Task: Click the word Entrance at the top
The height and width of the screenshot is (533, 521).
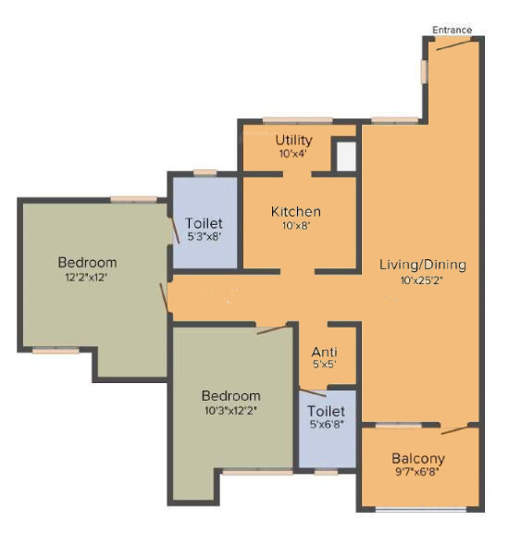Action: pyautogui.click(x=452, y=31)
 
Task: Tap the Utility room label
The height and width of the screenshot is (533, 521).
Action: pyautogui.click(x=293, y=140)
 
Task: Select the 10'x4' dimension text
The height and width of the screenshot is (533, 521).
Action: pyautogui.click(x=293, y=154)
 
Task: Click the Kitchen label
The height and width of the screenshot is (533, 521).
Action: pyautogui.click(x=296, y=212)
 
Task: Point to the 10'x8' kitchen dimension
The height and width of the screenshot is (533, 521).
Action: pyautogui.click(x=296, y=227)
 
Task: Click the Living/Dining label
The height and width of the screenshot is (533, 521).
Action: pyautogui.click(x=422, y=265)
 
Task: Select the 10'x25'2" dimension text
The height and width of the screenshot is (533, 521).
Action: pyautogui.click(x=422, y=279)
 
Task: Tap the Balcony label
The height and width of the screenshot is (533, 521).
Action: pyautogui.click(x=418, y=458)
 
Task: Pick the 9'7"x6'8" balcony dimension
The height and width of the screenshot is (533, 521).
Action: pyautogui.click(x=418, y=473)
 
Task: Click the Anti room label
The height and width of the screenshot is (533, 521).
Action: pyautogui.click(x=324, y=351)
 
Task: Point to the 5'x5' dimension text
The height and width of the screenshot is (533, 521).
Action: pyautogui.click(x=324, y=365)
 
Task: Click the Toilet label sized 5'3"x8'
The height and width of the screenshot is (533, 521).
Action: pyautogui.click(x=203, y=223)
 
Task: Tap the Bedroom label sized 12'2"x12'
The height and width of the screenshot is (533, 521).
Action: pyautogui.click(x=87, y=261)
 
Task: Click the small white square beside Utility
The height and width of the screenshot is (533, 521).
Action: pyautogui.click(x=345, y=155)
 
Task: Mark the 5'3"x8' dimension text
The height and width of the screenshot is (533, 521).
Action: pyautogui.click(x=203, y=237)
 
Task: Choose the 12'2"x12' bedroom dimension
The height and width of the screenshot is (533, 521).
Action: pyautogui.click(x=87, y=276)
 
